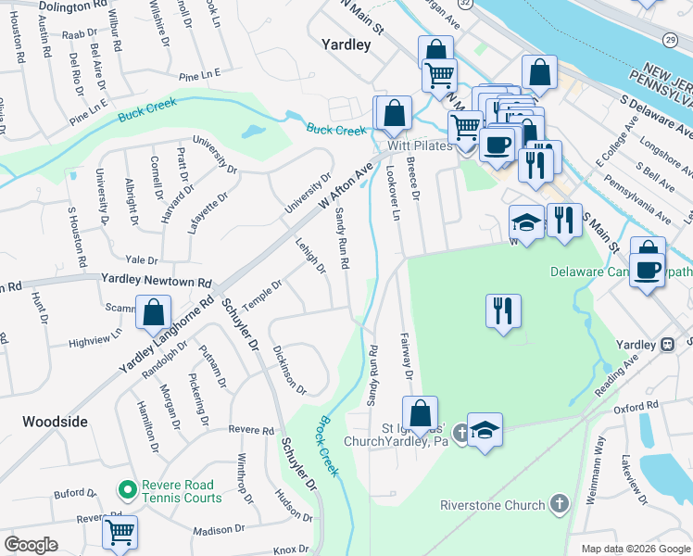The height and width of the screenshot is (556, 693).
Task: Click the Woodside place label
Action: click(55, 422)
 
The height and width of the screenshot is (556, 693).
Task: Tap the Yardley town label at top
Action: click(346, 44)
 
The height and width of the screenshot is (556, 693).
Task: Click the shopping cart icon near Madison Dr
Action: click(120, 532)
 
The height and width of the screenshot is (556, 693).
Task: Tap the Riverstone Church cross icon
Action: click(558, 505)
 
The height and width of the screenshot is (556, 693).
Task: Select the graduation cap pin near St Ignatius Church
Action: click(485, 430)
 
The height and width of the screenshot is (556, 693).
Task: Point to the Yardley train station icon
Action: click(666, 345)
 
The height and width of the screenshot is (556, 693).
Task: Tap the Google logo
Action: click(31, 545)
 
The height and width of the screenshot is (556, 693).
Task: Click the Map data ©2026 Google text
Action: click(636, 549)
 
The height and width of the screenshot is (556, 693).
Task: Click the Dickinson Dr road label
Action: click(289, 365)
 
